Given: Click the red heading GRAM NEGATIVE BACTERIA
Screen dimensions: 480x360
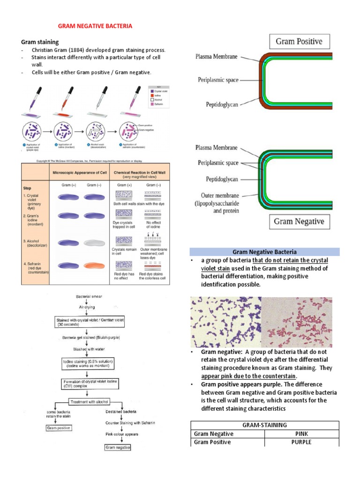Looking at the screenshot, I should (x=95, y=26).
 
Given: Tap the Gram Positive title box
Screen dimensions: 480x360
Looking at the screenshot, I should (x=299, y=41).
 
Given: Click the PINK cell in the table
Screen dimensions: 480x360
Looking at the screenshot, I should (x=301, y=434).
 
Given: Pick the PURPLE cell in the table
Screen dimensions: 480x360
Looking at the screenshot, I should (x=301, y=442).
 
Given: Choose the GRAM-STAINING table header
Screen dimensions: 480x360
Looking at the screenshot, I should (x=264, y=425).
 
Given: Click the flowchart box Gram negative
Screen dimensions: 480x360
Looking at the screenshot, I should (x=117, y=447).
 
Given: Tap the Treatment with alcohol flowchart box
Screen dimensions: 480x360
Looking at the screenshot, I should (x=89, y=402).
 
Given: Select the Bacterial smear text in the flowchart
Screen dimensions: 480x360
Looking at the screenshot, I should (x=90, y=297).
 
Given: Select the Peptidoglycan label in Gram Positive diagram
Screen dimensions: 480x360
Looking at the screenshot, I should (x=222, y=104).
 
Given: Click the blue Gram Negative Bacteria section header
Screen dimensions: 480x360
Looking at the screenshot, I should (x=264, y=252).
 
